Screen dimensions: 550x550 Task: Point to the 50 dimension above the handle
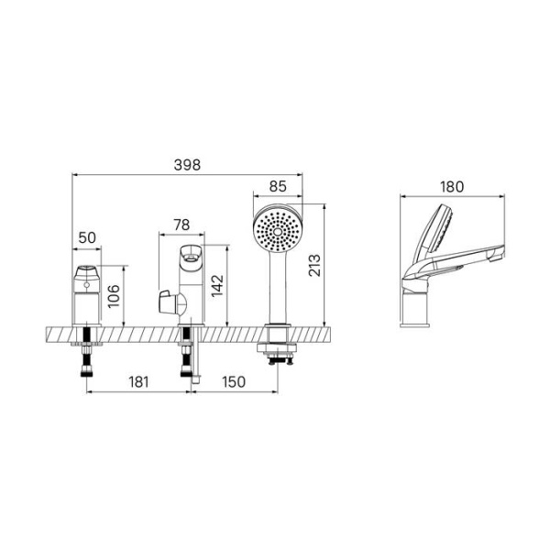point(87,237)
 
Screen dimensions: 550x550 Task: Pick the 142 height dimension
point(217,285)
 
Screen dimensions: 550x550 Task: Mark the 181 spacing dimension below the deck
point(137,381)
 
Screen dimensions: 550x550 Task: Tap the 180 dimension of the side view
point(452,186)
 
